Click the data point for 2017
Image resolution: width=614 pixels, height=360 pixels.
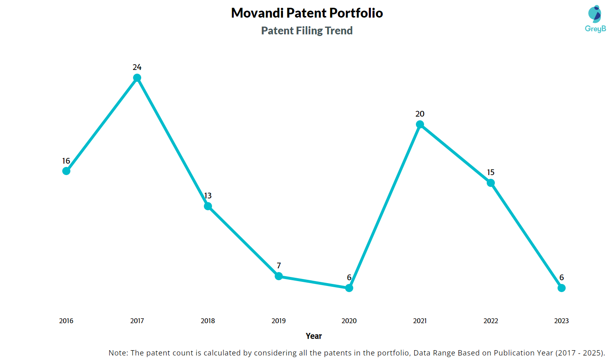[x=137, y=78]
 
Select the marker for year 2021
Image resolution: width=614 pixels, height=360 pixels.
[x=420, y=124]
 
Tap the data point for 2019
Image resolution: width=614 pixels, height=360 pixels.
[x=279, y=276]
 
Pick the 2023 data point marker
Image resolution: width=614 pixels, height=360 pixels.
[x=562, y=288]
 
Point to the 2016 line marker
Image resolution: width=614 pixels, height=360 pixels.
[x=66, y=171]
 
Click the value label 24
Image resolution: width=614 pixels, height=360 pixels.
[x=137, y=67]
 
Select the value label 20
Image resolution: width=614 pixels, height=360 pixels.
[x=420, y=114]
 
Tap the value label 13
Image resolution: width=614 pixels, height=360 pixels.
[x=208, y=196]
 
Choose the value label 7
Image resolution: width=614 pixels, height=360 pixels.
[x=279, y=265]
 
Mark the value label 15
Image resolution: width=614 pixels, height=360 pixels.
[x=491, y=172]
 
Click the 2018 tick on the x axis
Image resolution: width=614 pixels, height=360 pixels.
[x=208, y=321]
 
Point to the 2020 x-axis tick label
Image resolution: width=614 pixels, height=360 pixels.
[x=349, y=321]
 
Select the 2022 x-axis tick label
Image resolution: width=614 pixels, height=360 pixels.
[x=491, y=321]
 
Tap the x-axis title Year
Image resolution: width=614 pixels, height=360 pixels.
[x=314, y=336]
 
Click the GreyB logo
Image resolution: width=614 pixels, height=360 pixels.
[x=595, y=19]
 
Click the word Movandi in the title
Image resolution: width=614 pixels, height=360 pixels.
[x=257, y=13]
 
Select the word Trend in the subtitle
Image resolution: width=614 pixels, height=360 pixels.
[x=339, y=31]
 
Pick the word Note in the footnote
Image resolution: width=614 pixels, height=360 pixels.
[x=118, y=353]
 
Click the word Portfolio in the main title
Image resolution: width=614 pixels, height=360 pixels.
[x=356, y=13]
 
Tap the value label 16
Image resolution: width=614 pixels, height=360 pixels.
[x=66, y=161]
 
